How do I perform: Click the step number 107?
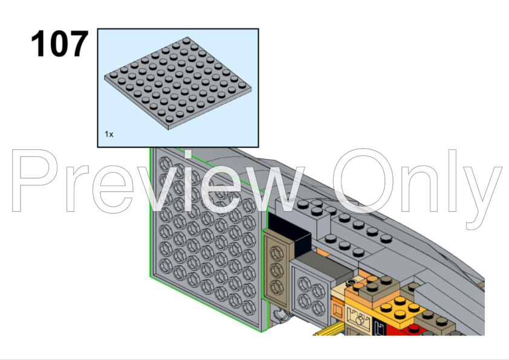tap(59, 43)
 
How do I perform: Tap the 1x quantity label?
tap(109, 134)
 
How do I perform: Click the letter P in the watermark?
tap(35, 181)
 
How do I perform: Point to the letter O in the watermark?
tap(363, 181)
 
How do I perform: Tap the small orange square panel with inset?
tap(337, 310)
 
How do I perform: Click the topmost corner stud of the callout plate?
tap(187, 41)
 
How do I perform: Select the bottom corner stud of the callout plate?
tap(169, 119)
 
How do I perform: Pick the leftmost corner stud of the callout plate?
tap(113, 75)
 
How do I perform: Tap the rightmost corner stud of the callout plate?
tap(242, 85)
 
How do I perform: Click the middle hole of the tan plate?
tap(276, 269)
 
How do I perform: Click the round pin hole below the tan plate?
tap(281, 315)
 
